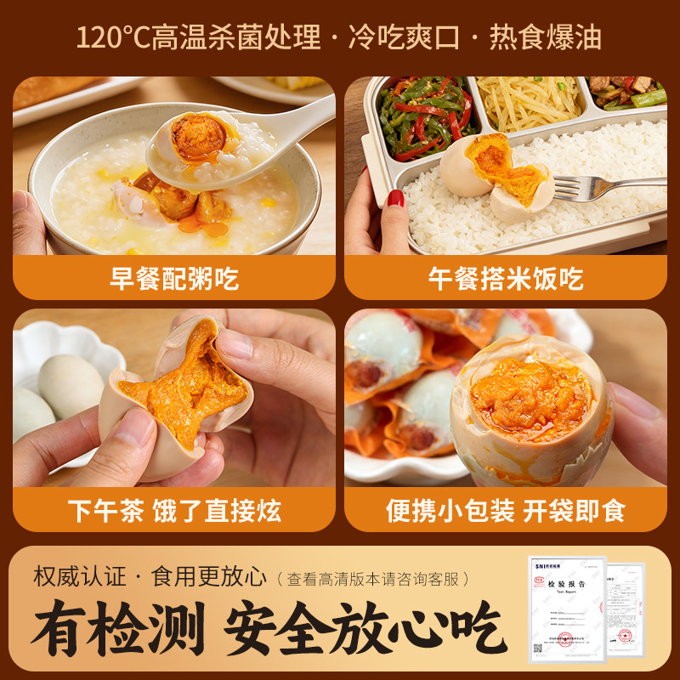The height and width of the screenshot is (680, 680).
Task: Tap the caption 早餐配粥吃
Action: coord(174,277)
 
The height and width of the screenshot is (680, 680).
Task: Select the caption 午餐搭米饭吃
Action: coord(506,277)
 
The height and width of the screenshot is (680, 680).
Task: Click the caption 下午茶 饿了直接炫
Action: coord(174,510)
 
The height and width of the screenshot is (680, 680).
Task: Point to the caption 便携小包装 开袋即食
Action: coord(506,510)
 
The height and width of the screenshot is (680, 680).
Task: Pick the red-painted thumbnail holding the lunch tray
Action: coord(396,199)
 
